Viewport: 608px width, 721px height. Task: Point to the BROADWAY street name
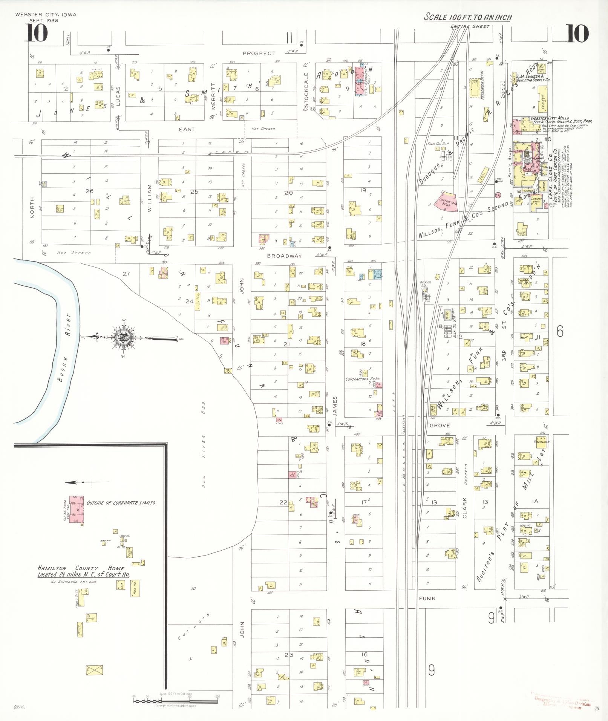click(284, 256)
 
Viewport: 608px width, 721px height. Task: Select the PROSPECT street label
click(259, 53)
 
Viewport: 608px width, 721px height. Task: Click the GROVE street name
click(440, 425)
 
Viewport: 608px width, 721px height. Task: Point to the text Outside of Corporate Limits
click(121, 502)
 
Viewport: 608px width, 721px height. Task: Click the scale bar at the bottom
click(176, 701)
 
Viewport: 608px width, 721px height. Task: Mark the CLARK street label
click(465, 507)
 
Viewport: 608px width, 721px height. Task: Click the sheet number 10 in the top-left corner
click(36, 33)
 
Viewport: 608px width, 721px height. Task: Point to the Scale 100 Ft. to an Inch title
click(468, 17)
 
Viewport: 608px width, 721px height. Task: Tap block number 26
click(89, 191)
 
